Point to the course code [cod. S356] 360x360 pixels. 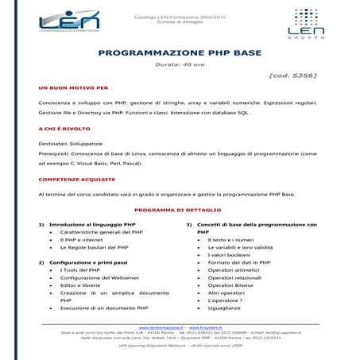pyautogui.click(x=292, y=75)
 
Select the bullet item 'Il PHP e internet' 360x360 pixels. pyautogui.click(x=83, y=239)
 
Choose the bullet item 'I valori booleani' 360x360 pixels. pyautogui.click(x=229, y=254)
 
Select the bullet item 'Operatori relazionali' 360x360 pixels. pyautogui.click(x=235, y=277)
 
